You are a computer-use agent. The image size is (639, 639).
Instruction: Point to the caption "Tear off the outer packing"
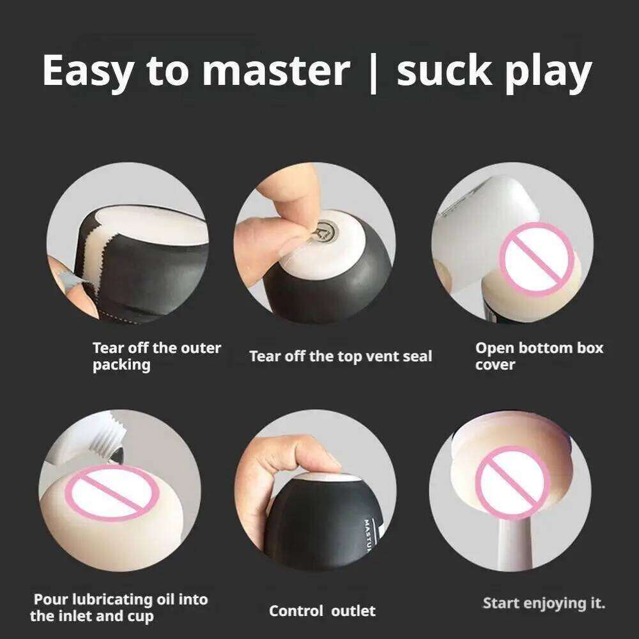pyautogui.click(x=157, y=357)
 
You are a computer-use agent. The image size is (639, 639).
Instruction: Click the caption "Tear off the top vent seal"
pyautogui.click(x=340, y=356)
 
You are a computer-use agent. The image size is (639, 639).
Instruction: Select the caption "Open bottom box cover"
pyautogui.click(x=539, y=357)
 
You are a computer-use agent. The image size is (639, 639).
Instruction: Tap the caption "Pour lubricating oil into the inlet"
pyautogui.click(x=120, y=608)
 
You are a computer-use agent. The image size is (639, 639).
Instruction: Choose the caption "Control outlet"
pyautogui.click(x=322, y=610)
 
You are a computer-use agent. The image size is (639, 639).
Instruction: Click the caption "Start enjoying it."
pyautogui.click(x=544, y=603)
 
